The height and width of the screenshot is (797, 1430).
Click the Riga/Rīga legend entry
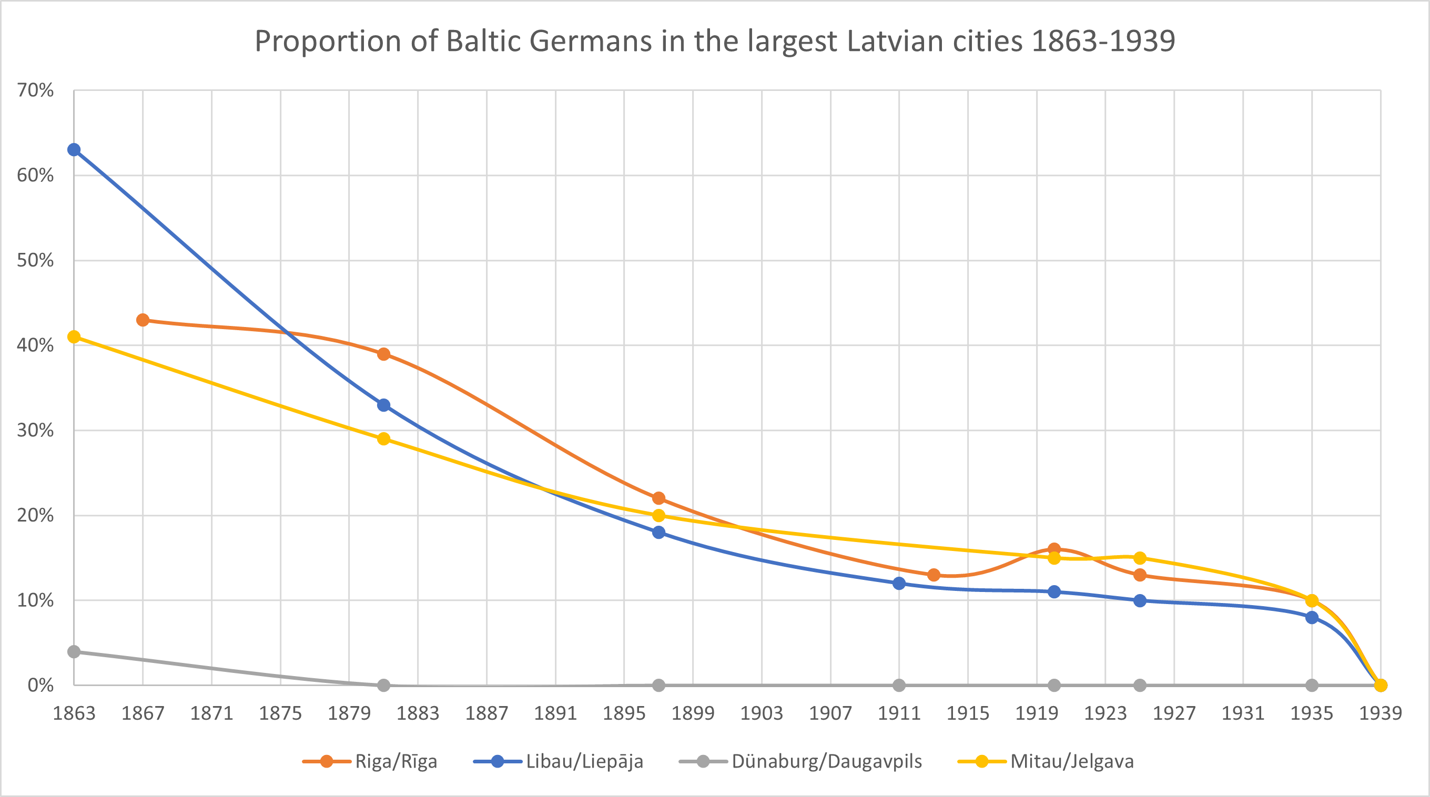click(395, 761)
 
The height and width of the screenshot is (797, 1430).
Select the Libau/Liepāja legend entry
click(584, 761)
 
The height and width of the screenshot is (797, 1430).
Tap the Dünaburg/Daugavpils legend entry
click(826, 761)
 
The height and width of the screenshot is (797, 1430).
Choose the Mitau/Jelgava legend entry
click(1071, 761)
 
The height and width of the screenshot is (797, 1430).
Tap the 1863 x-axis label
click(74, 713)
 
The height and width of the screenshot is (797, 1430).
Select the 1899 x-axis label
click(693, 713)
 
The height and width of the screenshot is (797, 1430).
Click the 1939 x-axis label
click(1380, 713)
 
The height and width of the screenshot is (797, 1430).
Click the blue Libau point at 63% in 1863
click(74, 150)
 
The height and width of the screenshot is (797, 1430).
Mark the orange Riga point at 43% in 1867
click(143, 320)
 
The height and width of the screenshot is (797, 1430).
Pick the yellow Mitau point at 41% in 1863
click(74, 337)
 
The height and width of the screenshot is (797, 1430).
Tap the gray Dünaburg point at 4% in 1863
click(74, 651)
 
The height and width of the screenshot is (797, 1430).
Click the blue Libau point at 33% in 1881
click(383, 405)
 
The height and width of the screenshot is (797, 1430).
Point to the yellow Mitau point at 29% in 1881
click(383, 439)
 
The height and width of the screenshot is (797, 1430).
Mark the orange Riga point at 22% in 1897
click(658, 498)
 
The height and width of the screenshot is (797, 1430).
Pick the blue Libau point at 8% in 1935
click(1312, 617)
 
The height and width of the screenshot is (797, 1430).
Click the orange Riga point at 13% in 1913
click(934, 575)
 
